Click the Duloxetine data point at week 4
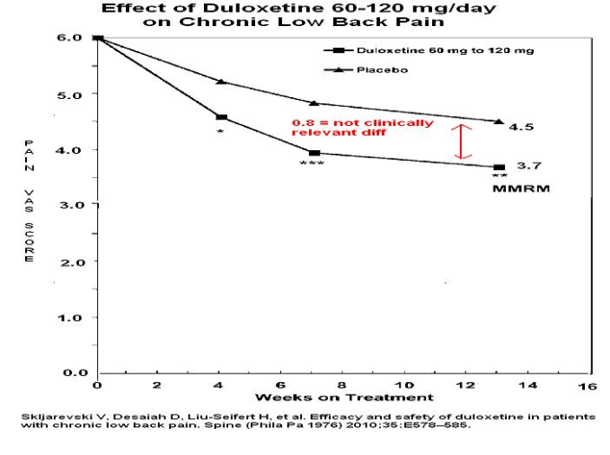pos(221,117)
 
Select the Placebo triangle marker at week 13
pos(498,121)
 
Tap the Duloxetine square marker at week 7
pos(314,153)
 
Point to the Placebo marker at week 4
pos(221,82)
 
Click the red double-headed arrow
pos(462,141)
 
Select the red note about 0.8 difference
pos(362,128)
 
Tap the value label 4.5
pos(521,127)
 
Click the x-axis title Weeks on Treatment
pos(343,397)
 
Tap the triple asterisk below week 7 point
pos(312,165)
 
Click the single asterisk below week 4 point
pos(220,132)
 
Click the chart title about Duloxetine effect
pos(298,14)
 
